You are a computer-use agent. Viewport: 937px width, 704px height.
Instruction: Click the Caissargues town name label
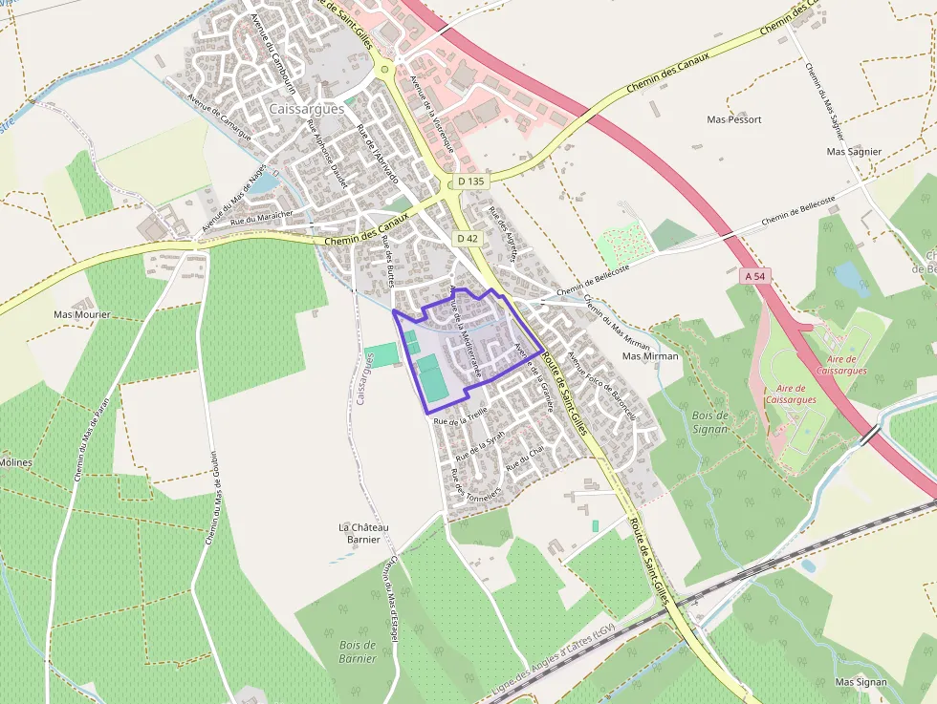click(307, 109)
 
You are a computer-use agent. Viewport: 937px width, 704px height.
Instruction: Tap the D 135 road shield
click(470, 181)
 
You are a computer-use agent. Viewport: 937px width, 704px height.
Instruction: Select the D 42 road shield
click(467, 238)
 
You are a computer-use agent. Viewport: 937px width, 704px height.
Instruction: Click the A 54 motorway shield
click(755, 275)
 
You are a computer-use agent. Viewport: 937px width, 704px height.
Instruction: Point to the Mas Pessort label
click(734, 119)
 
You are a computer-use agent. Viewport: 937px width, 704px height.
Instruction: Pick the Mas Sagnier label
click(854, 152)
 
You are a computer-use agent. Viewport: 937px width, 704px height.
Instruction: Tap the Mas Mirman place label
click(650, 356)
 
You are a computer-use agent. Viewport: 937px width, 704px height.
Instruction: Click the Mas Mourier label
click(82, 314)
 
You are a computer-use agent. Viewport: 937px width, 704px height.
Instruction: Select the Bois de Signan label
click(709, 422)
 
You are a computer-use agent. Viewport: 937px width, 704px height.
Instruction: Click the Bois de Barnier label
click(358, 651)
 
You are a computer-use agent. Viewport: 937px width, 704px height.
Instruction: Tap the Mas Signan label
click(861, 682)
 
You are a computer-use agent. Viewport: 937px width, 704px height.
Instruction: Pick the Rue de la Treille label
click(460, 416)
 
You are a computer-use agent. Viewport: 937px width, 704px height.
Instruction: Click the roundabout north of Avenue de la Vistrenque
click(384, 68)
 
